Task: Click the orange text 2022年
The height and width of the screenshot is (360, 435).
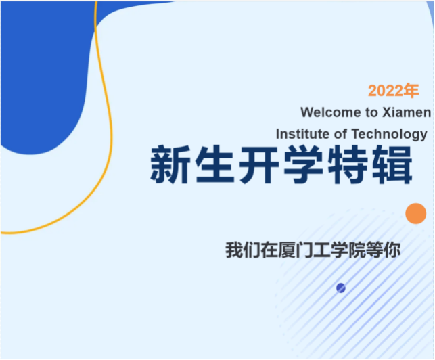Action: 393,91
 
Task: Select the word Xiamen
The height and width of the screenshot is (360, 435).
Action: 407,112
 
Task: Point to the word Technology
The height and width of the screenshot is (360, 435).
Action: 390,135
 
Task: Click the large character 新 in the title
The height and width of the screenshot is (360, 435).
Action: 170,164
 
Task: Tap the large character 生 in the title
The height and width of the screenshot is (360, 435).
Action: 214,164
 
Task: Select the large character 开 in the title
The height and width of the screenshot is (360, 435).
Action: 259,164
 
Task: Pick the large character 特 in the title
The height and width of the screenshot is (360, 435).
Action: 348,164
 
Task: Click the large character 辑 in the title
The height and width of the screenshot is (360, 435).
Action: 392,164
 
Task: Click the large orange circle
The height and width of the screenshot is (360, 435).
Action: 415,213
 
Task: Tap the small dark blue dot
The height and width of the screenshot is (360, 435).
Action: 341,288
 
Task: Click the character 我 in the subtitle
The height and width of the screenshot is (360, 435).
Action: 234,250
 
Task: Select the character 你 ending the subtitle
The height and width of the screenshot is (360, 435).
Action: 392,250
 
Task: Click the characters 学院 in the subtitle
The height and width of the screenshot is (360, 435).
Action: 348,250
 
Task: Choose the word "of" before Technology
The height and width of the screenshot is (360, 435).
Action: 340,134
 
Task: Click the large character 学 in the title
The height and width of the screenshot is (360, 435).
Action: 303,164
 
